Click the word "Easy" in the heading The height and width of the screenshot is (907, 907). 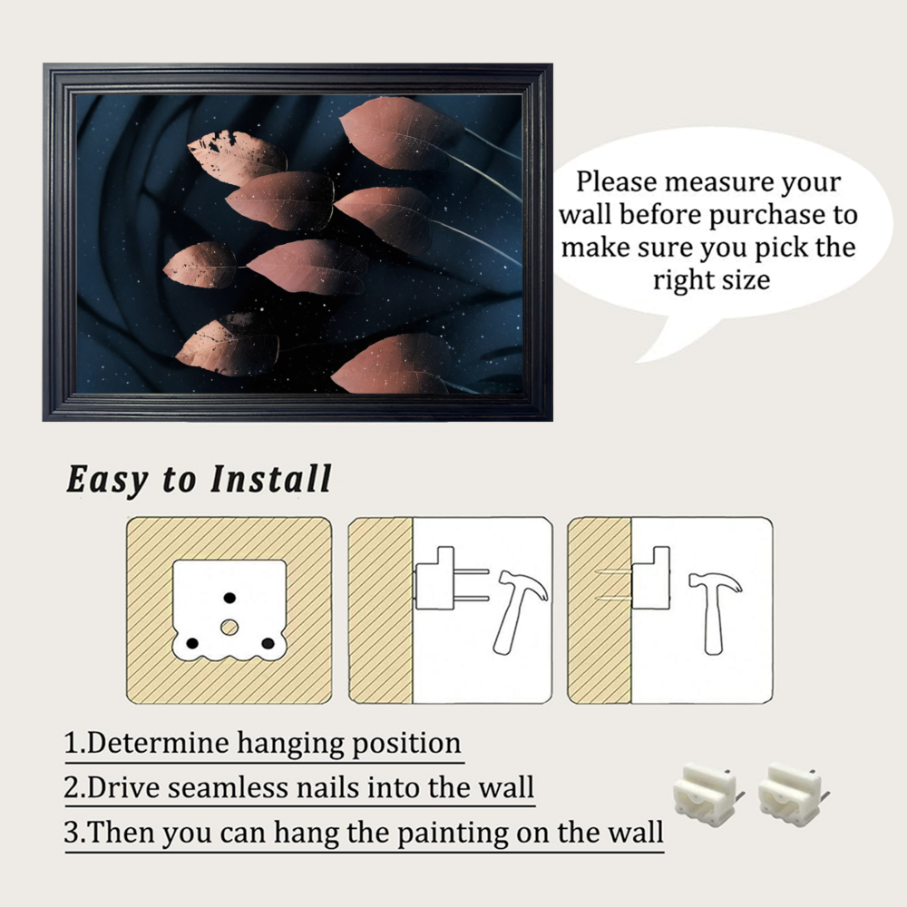click(x=108, y=480)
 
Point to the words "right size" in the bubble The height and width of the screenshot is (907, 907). click(x=711, y=280)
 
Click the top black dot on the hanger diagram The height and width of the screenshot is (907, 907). click(x=229, y=598)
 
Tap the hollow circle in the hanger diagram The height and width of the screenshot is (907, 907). click(x=229, y=627)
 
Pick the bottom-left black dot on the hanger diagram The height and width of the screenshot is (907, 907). click(x=192, y=643)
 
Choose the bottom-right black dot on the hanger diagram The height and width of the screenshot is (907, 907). click(x=268, y=643)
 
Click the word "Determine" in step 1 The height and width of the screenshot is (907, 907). click(x=156, y=743)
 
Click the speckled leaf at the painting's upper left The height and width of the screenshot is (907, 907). click(x=237, y=157)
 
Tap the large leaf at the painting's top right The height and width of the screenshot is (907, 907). click(x=401, y=133)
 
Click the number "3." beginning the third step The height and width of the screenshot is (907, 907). click(x=75, y=833)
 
